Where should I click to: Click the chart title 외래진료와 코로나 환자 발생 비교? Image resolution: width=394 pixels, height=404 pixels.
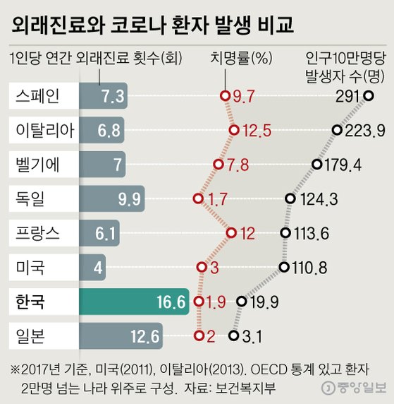pos(152,25)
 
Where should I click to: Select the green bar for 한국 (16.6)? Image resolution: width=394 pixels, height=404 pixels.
pos(133,302)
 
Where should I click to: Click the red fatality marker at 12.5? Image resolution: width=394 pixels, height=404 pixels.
pos(233,130)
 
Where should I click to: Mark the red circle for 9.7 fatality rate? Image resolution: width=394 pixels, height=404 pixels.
pos(224,96)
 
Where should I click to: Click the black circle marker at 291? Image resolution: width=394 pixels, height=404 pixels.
pos(369,96)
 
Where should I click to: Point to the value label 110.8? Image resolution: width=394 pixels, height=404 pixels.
pos(307,268)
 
